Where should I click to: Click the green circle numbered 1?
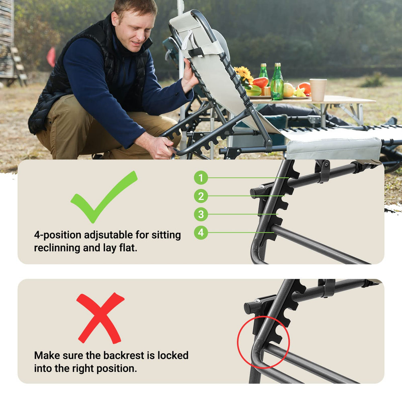[x=201, y=178]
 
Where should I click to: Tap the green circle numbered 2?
[x=201, y=196]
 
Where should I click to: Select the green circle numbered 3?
[x=201, y=214]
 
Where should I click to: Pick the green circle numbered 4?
[x=201, y=232]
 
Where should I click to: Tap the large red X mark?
[x=100, y=318]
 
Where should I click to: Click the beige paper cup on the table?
[x=318, y=90]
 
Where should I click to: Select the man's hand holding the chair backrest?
[x=189, y=76]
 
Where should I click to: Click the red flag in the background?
[x=51, y=57]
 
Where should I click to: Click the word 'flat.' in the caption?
[x=128, y=248]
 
